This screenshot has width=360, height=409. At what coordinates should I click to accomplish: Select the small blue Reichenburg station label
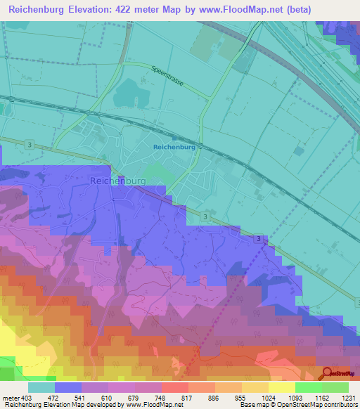click(174, 147)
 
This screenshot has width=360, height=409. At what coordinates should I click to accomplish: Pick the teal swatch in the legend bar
click(41, 387)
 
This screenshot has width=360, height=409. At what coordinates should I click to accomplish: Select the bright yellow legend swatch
click(281, 387)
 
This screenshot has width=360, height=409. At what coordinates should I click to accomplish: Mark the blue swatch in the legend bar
click(68, 387)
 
